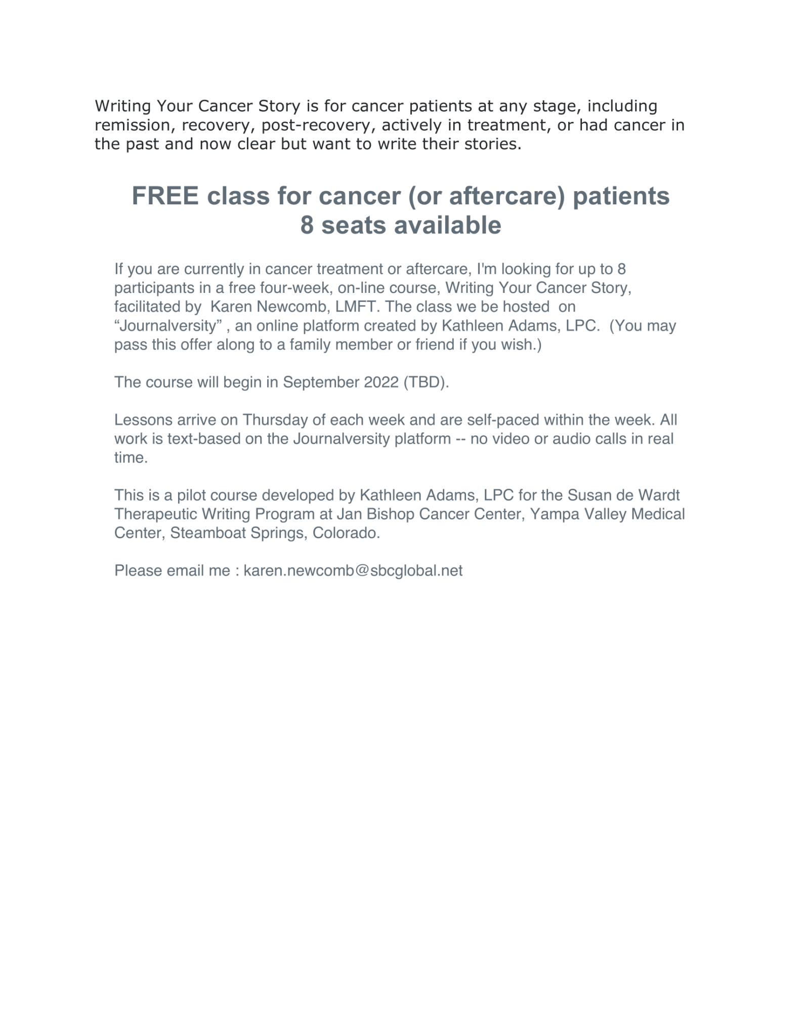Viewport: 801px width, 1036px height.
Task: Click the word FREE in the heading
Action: click(x=165, y=196)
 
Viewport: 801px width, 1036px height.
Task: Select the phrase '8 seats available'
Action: click(x=400, y=225)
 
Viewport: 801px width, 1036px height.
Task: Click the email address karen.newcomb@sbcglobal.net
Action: click(x=353, y=571)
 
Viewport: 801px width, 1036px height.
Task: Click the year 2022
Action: click(x=381, y=382)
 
